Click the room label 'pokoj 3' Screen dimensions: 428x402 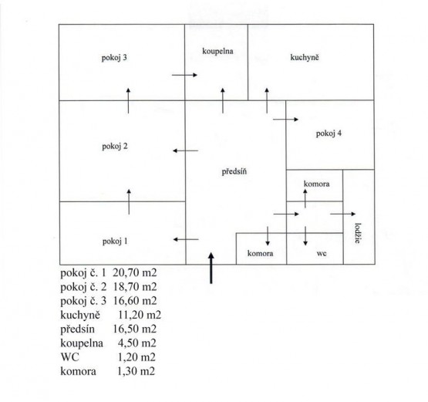(114, 58)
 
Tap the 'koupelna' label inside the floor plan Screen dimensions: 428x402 (217, 52)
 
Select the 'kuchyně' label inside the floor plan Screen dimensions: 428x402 (305, 57)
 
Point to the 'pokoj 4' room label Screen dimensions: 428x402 (329, 133)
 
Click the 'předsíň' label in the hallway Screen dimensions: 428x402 (234, 171)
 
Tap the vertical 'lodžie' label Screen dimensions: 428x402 (358, 233)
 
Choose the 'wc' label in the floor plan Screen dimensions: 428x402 (322, 253)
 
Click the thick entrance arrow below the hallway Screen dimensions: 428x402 (211, 268)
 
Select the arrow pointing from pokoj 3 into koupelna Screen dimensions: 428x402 (184, 75)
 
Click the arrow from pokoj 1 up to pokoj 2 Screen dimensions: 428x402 (129, 201)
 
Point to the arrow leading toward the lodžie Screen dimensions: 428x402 (343, 214)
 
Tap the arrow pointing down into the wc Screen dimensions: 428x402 (305, 236)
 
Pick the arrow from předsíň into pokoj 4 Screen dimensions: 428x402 (285, 120)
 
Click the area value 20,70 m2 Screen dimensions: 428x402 (135, 272)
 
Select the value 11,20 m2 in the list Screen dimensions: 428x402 (140, 315)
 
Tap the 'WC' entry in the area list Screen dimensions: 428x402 (70, 357)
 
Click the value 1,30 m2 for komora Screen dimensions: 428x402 (136, 371)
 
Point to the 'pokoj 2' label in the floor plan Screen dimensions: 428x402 (115, 147)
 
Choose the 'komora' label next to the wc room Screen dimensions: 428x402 (260, 253)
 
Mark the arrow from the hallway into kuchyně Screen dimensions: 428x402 (267, 100)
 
